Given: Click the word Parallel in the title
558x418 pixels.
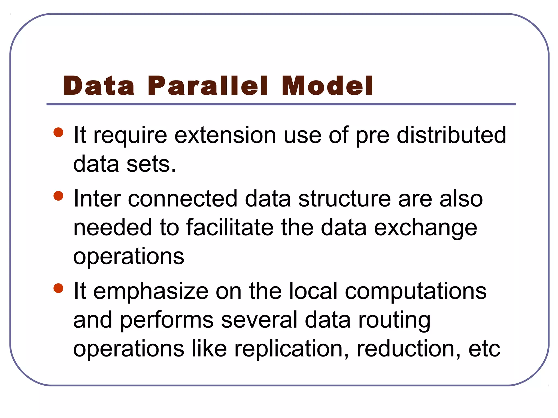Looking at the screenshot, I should [x=208, y=86].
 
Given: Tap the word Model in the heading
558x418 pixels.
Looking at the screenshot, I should [x=327, y=86].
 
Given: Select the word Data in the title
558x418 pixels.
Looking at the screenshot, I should [x=99, y=86].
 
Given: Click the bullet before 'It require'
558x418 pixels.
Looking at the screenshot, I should [x=59, y=133].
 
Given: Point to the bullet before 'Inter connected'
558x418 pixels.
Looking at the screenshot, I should [x=59, y=196].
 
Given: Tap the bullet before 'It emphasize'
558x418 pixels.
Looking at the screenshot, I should [x=59, y=288].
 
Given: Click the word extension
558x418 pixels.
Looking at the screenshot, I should [x=225, y=135].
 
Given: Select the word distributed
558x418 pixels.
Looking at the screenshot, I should [x=451, y=135].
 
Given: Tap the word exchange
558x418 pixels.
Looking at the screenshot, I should [x=425, y=228].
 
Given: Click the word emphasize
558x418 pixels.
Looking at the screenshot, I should [x=151, y=291].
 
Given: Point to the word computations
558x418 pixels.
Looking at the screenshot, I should [x=416, y=291].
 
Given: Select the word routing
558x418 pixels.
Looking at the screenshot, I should [x=394, y=321].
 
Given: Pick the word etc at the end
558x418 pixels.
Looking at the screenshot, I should [x=484, y=349].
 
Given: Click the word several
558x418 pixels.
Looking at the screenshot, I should [x=259, y=320].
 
